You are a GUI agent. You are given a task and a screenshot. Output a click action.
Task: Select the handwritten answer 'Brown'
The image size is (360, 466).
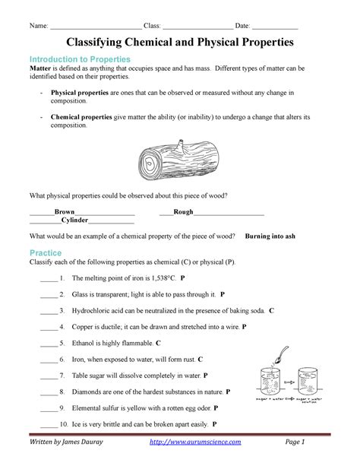[65, 212]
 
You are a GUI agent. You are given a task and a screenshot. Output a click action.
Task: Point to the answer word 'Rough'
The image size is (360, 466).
[184, 212]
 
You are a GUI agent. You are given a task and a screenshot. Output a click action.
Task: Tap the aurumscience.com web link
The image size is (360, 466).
[207, 442]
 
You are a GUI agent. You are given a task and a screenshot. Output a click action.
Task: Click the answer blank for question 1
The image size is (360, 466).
[48, 278]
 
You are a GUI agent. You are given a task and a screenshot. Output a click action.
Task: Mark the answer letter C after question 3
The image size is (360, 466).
[271, 311]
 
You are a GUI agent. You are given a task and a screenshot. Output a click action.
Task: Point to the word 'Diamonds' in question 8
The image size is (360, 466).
[87, 392]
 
